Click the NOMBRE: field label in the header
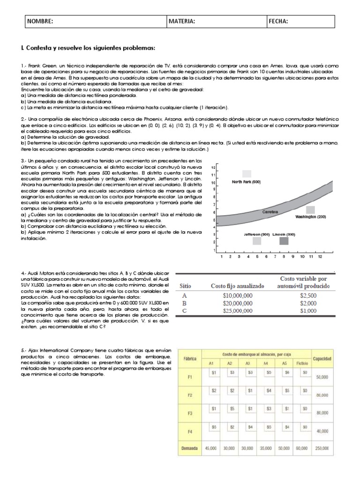(40, 22)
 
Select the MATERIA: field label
(182, 22)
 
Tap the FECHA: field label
(278, 22)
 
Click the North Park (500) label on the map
(246, 182)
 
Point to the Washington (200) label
(310, 217)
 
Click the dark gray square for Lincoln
(284, 241)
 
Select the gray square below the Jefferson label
(256, 241)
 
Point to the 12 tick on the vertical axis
(213, 167)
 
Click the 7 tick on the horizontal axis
(275, 257)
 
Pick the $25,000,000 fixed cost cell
(232, 311)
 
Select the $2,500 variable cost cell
(308, 295)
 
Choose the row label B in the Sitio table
(184, 303)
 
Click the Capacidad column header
(322, 359)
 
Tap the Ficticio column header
(301, 363)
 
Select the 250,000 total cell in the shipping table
(322, 448)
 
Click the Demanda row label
(190, 448)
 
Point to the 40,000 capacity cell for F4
(322, 430)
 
